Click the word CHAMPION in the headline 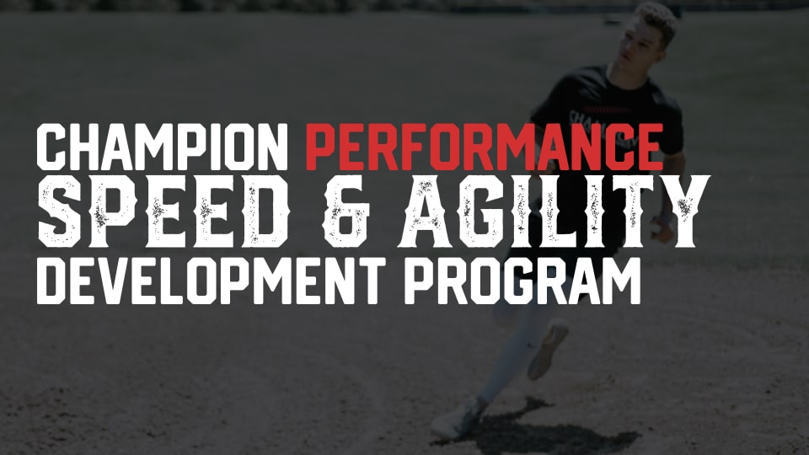point(163,147)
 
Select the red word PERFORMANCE point(485,147)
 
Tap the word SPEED point(164,211)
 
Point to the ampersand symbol point(346,211)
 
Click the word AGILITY point(555,211)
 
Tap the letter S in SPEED point(62,211)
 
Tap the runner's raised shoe point(548,349)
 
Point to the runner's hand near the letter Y point(662,228)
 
